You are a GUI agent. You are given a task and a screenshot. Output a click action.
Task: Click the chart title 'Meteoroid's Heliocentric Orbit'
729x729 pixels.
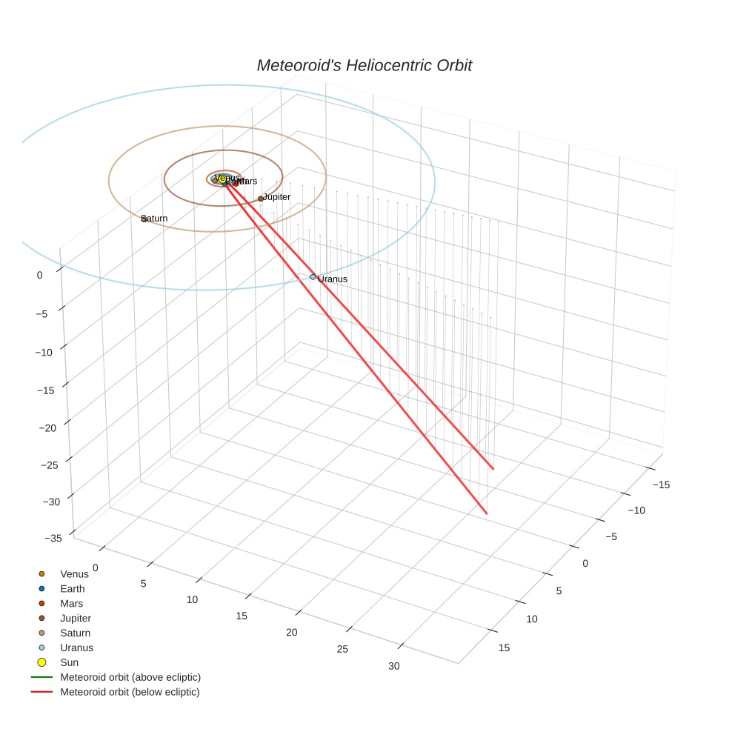click(364, 66)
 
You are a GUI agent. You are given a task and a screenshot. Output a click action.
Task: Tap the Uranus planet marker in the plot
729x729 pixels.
click(313, 277)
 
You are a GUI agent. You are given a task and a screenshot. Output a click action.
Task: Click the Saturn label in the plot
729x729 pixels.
click(154, 219)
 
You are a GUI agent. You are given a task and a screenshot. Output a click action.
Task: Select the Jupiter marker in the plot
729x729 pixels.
click(261, 199)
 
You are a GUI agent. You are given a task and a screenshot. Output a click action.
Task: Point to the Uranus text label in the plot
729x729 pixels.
click(333, 279)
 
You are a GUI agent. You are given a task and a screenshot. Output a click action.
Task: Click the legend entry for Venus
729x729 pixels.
click(74, 574)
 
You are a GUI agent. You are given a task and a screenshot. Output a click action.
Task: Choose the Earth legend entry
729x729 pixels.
click(73, 589)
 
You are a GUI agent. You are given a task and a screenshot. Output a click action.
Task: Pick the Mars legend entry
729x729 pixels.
click(71, 604)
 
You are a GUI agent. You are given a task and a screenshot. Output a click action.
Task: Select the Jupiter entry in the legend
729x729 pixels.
click(76, 619)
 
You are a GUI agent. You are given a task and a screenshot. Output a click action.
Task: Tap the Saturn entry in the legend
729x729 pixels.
click(76, 633)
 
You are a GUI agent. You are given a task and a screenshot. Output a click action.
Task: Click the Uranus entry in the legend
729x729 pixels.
click(76, 648)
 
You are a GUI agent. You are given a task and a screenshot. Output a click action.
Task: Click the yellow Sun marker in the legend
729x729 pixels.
click(42, 662)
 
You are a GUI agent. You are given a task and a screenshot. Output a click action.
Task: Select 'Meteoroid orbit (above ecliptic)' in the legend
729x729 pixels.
click(130, 677)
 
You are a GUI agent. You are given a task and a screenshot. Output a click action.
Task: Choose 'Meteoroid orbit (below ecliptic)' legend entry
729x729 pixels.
click(130, 692)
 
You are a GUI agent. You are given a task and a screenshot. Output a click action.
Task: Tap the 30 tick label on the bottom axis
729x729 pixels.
click(393, 666)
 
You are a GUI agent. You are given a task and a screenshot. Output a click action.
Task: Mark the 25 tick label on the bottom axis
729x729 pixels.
click(342, 650)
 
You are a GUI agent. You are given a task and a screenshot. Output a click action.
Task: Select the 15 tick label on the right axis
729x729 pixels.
click(504, 648)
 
